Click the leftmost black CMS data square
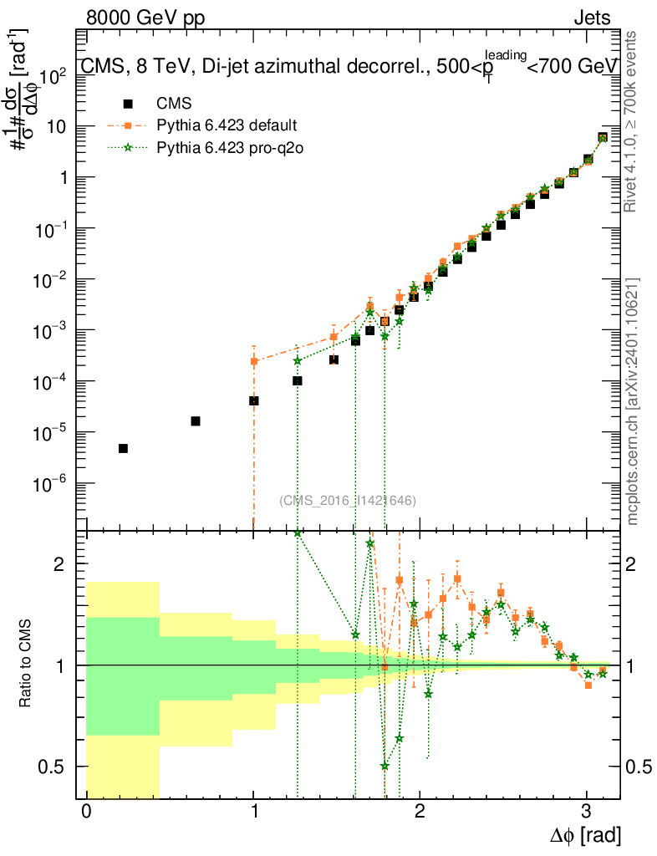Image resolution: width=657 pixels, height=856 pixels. [x=123, y=449]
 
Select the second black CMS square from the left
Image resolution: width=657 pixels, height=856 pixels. [x=196, y=421]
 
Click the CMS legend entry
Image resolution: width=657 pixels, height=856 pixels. [x=174, y=104]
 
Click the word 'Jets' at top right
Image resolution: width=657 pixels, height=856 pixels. [x=592, y=18]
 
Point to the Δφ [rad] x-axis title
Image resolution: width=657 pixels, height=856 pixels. [x=585, y=834]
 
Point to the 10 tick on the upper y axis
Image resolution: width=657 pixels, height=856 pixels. [x=60, y=127]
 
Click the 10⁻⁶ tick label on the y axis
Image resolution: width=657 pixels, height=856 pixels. [x=52, y=483]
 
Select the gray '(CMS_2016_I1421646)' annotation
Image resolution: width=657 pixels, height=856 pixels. [x=348, y=500]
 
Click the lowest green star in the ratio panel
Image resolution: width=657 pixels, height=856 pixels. [x=385, y=766]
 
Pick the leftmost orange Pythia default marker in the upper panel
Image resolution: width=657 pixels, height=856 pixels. [x=254, y=361]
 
